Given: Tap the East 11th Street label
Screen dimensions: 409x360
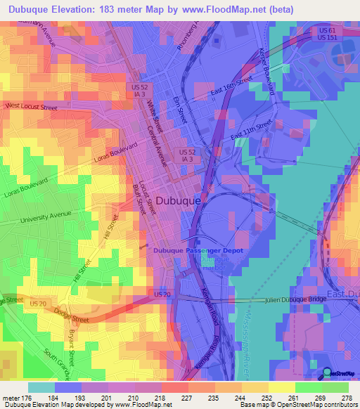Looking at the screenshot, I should (x=250, y=130).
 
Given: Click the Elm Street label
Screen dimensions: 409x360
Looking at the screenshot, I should (x=178, y=110).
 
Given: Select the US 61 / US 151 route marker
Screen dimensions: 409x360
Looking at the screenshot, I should (x=326, y=34).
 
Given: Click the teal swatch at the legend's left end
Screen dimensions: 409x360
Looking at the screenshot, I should (x=41, y=387).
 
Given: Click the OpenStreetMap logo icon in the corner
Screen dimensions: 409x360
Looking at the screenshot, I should (x=328, y=374).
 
